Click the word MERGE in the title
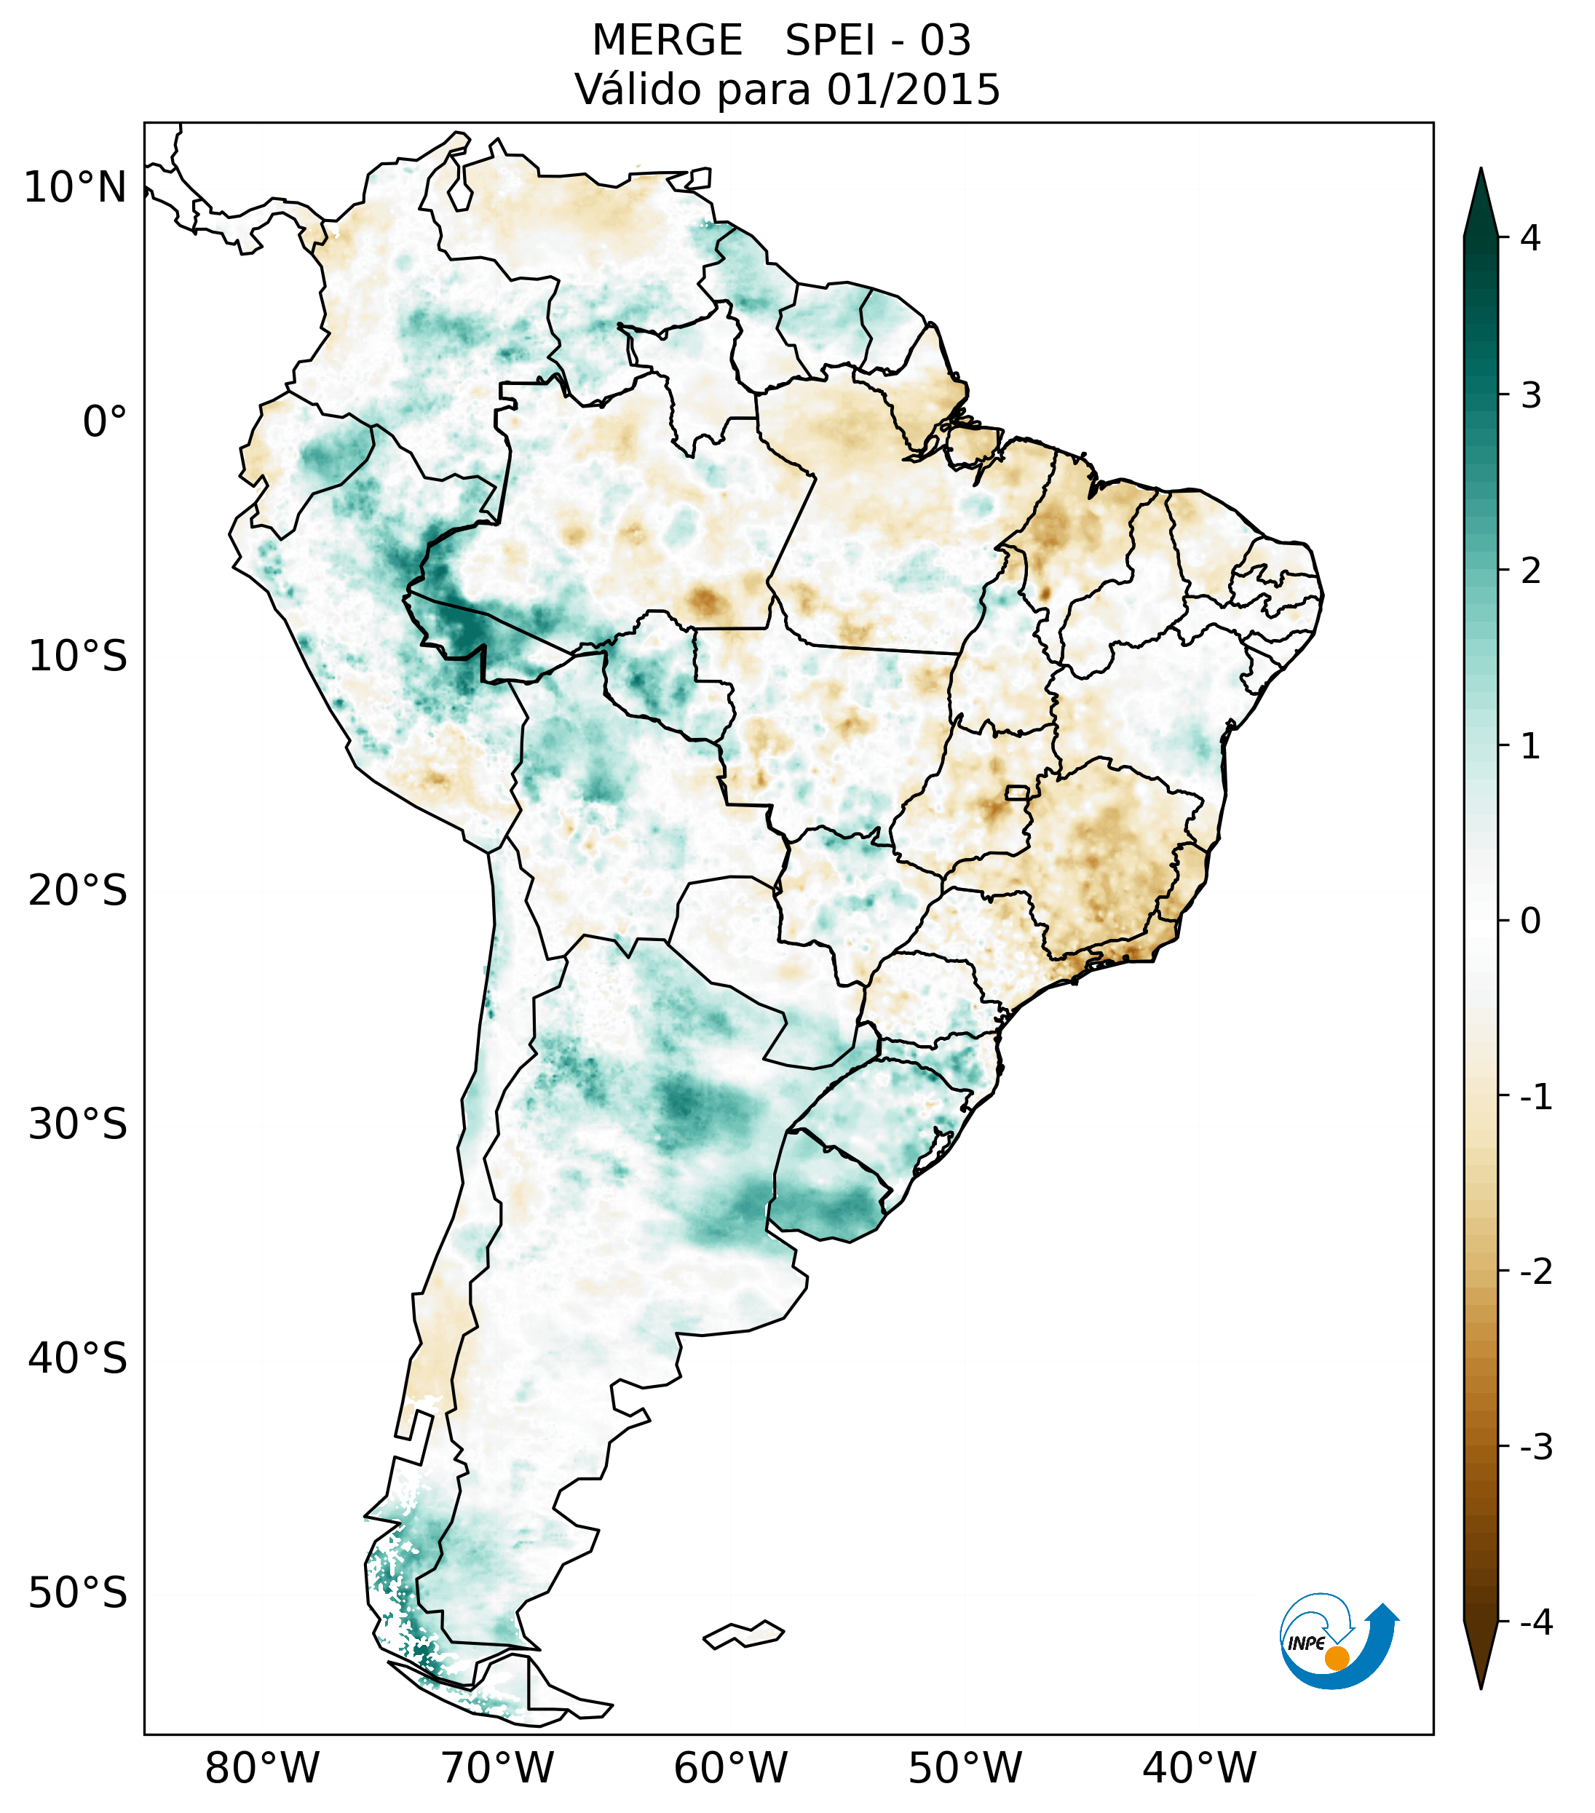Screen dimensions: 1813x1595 (x=667, y=41)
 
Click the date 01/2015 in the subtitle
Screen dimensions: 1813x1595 (x=913, y=90)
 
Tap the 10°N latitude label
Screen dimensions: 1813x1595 (x=76, y=188)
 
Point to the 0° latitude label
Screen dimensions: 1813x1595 (x=105, y=422)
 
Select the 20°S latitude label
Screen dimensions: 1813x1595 (x=78, y=891)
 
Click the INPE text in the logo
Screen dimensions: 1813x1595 (x=1307, y=1643)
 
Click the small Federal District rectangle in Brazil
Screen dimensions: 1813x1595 (x=1016, y=792)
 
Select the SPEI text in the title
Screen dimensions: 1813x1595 (x=829, y=41)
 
